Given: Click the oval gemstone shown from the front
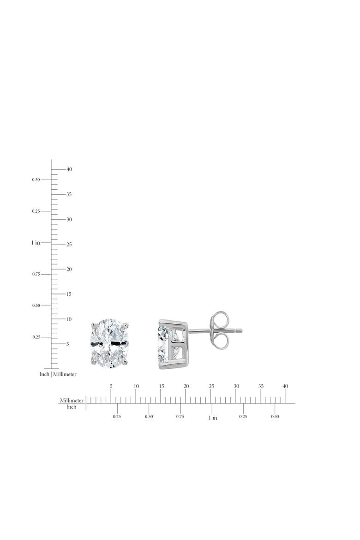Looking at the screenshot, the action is pos(109,343).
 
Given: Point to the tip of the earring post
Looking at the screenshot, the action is pos(241,330).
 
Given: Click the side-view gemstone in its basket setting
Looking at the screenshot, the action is pos(173,344).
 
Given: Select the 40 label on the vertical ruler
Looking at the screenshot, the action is pos(69,169).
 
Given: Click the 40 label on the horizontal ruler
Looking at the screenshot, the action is pos(285,386).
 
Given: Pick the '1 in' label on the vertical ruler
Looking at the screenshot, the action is pos(36,243).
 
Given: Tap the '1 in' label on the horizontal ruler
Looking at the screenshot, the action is pos(213,418).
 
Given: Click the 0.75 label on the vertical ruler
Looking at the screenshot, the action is pos(36,274).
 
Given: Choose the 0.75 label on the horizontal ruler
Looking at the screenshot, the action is pos(180,416).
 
